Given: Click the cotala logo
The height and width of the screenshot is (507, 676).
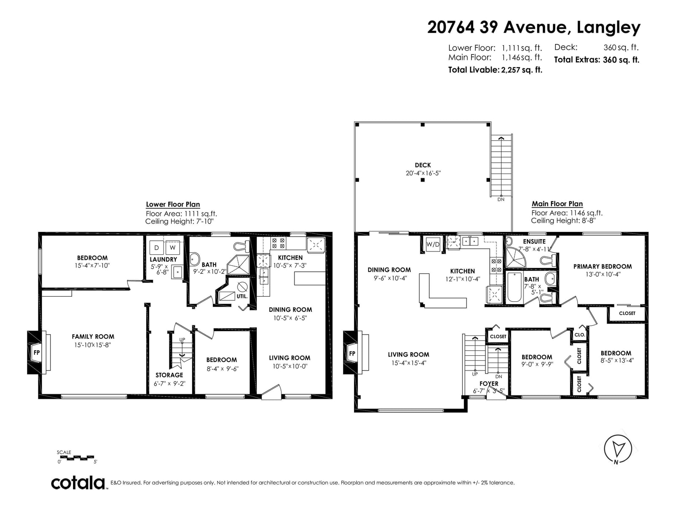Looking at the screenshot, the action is coord(78,483).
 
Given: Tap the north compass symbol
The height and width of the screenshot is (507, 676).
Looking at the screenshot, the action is coord(617,450).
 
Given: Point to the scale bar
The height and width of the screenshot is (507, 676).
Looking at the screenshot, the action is coord(76,458).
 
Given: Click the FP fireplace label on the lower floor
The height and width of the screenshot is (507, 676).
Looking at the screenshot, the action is coord(37,352).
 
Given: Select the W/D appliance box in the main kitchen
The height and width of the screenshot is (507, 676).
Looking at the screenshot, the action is coord(433,245).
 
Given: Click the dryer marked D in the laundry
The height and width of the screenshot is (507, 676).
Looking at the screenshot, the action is coord(156,248).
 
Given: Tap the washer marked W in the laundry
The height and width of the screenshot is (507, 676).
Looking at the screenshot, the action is coord(172,248).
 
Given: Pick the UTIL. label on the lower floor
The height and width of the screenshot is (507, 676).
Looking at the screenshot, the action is coord(242,297).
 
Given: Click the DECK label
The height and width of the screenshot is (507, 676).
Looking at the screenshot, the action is coord(422,165).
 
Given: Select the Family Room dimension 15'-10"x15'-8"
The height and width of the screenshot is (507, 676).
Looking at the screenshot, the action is coord(93,345).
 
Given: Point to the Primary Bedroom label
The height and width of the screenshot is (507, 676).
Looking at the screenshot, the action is coord(602,267).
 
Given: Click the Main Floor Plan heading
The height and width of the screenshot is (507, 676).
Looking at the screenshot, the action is coord(557,204).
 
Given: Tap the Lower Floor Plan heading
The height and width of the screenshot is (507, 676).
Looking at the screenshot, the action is coord(173,204).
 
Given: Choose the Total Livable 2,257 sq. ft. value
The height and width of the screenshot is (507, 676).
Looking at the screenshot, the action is coord(522,70).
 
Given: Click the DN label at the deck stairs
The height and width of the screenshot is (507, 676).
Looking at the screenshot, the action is coord(501,199).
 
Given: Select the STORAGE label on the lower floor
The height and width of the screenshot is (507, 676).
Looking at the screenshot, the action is coord(169,375).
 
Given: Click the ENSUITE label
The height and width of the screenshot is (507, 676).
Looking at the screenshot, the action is coord(534,242).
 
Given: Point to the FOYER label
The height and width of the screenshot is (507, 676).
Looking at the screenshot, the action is coord(489,384).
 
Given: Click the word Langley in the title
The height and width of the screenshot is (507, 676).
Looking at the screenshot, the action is coord(608,28).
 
